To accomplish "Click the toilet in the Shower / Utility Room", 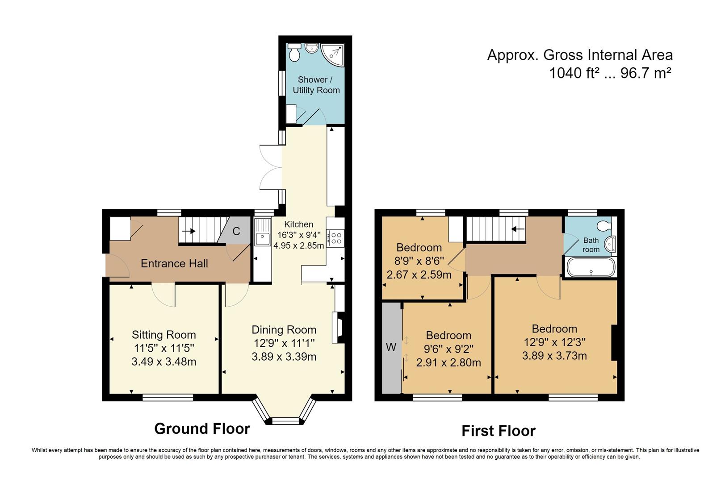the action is (x=294, y=52).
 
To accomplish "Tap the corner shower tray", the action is (x=332, y=54).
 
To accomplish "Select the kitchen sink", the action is (x=263, y=232).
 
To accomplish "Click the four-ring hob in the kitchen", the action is (x=335, y=238).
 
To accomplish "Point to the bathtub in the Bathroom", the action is (x=591, y=267).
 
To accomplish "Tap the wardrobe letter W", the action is (x=391, y=347).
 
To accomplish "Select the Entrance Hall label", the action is (x=174, y=263).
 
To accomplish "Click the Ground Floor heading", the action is (x=202, y=428).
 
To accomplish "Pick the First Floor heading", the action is (x=499, y=431).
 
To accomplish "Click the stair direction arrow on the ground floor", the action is (x=189, y=231).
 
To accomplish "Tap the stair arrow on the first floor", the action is (x=518, y=229).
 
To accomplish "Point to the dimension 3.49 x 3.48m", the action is (x=164, y=361).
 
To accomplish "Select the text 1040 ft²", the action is (x=572, y=73).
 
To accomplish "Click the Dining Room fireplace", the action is (x=338, y=328).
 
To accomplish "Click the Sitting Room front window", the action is (x=168, y=397).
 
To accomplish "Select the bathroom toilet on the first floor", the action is (x=604, y=226).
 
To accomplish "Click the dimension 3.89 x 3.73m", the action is (x=554, y=356).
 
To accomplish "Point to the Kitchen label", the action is (x=299, y=224).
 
